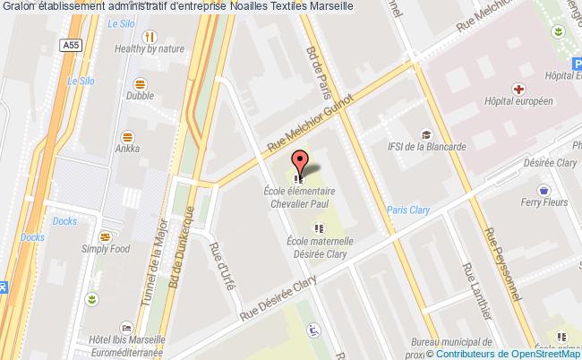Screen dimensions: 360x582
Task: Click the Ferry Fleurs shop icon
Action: (543, 190)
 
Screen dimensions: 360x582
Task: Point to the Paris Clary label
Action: (409, 210)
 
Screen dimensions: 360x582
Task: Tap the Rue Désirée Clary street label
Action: (279, 301)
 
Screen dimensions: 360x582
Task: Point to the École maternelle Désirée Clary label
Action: (319, 247)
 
